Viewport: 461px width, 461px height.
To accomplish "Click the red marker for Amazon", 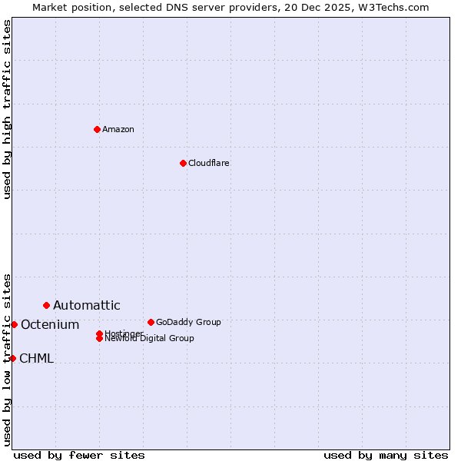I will tap(97, 129).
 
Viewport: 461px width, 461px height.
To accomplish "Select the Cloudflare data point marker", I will tap(183, 163).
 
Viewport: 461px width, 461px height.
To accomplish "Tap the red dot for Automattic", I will tap(46, 305).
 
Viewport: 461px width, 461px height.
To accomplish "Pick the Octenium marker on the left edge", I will tap(14, 324).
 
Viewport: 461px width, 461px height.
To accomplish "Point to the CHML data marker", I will tap(12, 358).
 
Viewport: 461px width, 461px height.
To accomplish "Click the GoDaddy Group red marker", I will tap(151, 322).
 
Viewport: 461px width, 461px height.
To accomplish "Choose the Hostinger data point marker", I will tap(99, 333).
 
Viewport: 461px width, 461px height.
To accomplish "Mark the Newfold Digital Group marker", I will tap(99, 338).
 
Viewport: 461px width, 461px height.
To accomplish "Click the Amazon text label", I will tap(118, 129).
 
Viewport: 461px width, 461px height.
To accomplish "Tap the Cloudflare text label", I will tap(209, 163).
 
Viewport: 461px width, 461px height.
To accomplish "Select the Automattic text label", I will tap(87, 306).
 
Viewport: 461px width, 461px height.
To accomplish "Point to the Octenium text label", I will tap(50, 325).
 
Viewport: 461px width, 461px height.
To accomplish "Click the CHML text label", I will tap(36, 359).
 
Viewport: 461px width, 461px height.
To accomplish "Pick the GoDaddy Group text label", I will tap(188, 322).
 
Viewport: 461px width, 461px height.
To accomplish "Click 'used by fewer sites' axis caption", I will tap(79, 456).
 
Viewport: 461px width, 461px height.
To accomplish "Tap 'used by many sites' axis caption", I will tap(386, 456).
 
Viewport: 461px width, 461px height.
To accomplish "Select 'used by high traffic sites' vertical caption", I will tap(7, 109).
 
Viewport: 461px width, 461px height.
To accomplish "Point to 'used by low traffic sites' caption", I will tap(7, 359).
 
